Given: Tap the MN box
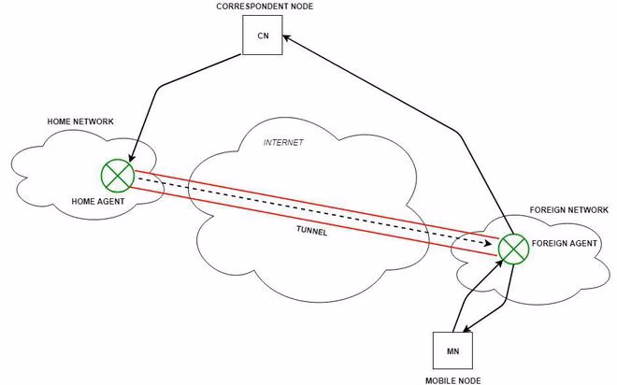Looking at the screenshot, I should [x=452, y=350].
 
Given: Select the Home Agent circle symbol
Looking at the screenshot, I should [x=118, y=175].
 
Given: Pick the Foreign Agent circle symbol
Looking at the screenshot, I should [x=512, y=248].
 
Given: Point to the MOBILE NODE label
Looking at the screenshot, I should [x=453, y=379].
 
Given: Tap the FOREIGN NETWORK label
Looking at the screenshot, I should [x=568, y=211].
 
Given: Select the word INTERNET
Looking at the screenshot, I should [x=283, y=143].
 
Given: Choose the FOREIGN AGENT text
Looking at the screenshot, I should [x=563, y=243].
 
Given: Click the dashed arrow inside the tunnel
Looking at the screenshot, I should [x=308, y=211].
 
